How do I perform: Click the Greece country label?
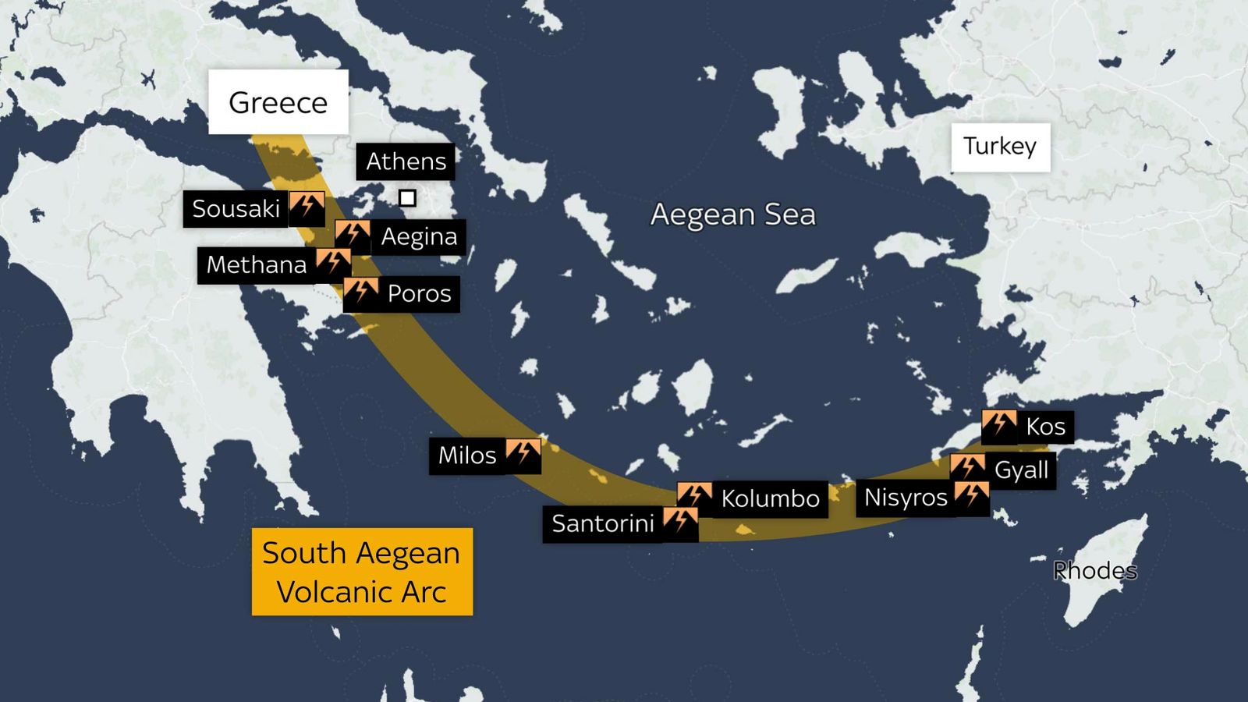click(x=278, y=102)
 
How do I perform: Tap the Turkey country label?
click(x=1000, y=147)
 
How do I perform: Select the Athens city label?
click(x=406, y=161)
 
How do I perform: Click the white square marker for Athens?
click(x=407, y=198)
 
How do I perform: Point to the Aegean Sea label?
click(x=732, y=214)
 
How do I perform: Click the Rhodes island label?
click(x=1094, y=570)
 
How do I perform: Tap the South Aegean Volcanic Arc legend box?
click(x=362, y=572)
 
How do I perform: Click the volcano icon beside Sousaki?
click(x=307, y=207)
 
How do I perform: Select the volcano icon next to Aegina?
click(x=353, y=235)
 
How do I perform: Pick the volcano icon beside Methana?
click(x=333, y=264)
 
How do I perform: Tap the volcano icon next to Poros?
click(x=360, y=292)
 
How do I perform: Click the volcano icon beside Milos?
click(x=523, y=454)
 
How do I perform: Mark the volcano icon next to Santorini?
click(x=680, y=522)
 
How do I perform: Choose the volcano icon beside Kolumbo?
click(x=694, y=497)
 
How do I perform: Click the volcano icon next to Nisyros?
click(x=971, y=496)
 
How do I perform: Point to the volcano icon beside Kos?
click(x=999, y=425)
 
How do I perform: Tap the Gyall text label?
click(x=1021, y=470)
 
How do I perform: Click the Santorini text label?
click(x=603, y=523)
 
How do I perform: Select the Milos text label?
click(x=466, y=456)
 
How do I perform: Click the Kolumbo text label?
click(x=770, y=498)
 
